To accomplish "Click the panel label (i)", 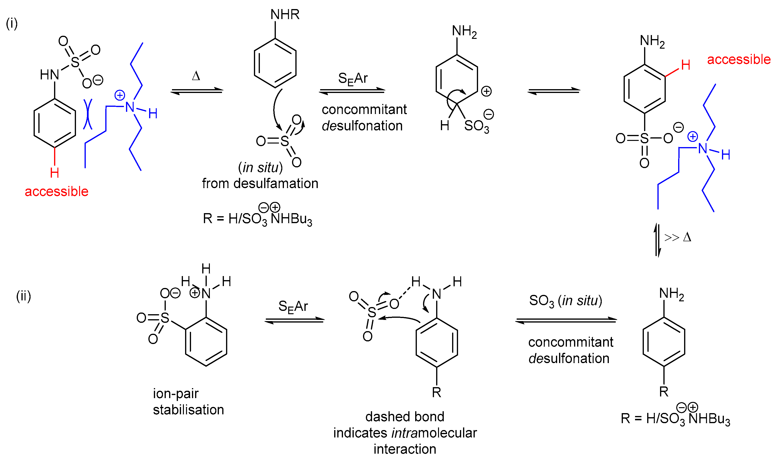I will [x=12, y=23].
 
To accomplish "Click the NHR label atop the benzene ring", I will [x=285, y=15].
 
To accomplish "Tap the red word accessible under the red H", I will [x=57, y=191].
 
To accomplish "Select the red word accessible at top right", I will [x=739, y=59].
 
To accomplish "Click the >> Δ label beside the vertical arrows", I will [x=678, y=237].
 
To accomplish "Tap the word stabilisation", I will [x=188, y=410].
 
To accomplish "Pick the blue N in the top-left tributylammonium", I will [x=130, y=108].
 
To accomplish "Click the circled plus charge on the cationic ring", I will [x=486, y=92].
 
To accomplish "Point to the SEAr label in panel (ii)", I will [x=293, y=306].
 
